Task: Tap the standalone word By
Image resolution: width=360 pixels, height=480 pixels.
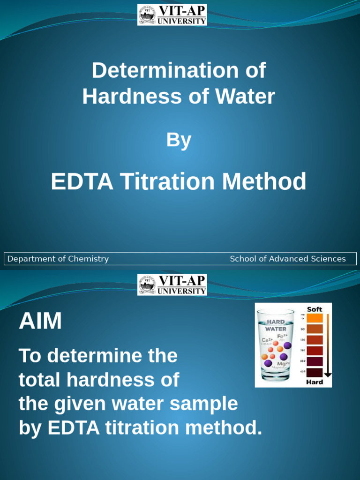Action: (x=179, y=140)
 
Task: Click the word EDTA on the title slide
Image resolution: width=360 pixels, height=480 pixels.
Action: (x=82, y=181)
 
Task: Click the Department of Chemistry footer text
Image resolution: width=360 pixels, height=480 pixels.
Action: (x=58, y=259)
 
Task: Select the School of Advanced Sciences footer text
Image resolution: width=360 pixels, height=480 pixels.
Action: (x=287, y=259)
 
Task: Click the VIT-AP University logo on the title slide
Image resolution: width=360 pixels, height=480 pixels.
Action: (x=172, y=15)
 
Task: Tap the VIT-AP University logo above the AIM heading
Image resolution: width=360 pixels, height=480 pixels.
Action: (x=172, y=285)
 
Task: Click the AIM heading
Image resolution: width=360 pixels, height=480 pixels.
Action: (x=40, y=322)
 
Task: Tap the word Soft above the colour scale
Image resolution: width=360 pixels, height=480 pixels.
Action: (x=315, y=309)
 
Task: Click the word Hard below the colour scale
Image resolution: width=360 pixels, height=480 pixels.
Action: (x=315, y=382)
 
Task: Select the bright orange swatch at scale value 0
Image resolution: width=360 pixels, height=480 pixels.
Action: (x=315, y=318)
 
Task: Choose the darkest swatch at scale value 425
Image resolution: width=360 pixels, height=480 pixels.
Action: (x=315, y=373)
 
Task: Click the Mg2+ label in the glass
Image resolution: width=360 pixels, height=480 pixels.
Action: (x=283, y=364)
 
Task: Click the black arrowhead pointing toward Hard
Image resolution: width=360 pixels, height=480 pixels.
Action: (x=328, y=375)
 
